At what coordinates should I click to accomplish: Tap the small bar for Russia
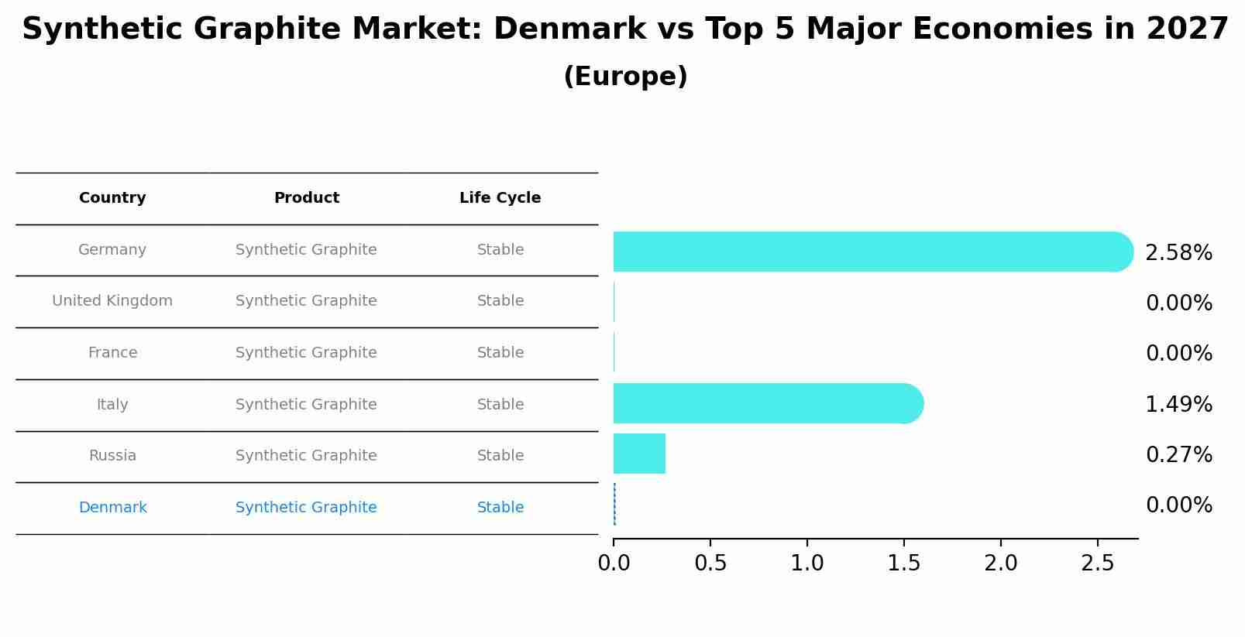(639, 454)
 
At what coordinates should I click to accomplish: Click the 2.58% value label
(1178, 253)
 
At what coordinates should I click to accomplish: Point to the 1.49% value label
(1178, 404)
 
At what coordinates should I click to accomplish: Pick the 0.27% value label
(1178, 454)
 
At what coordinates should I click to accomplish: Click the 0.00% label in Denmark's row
(1178, 505)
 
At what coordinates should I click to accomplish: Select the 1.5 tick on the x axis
(903, 563)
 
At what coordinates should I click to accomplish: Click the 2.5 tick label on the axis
(1097, 563)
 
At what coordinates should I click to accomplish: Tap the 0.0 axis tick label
(614, 563)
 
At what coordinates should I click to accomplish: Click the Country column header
(112, 198)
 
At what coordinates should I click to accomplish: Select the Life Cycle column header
(500, 198)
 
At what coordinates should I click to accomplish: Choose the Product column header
(306, 198)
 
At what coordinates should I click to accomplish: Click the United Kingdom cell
(112, 301)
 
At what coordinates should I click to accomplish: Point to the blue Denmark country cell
(112, 508)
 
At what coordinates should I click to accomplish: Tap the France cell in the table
(112, 353)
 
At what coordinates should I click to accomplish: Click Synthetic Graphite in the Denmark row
(306, 508)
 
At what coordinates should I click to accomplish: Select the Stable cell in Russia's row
(500, 456)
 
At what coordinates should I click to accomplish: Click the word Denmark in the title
(569, 29)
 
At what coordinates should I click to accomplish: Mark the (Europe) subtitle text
(625, 77)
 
